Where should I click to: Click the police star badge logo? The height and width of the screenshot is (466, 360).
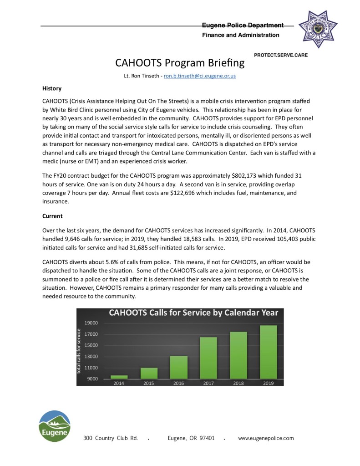point(318,28)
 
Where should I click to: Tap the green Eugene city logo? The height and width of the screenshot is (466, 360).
point(54,426)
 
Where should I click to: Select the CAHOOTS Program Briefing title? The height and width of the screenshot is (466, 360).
point(180,62)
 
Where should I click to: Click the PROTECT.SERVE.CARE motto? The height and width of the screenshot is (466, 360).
point(280,55)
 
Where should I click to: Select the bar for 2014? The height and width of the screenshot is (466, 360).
point(119,377)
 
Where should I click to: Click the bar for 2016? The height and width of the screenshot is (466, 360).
point(178,367)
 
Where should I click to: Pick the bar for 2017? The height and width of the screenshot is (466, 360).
point(208,358)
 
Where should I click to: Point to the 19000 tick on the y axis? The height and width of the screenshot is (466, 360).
point(91,323)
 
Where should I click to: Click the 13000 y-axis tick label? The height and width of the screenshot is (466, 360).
point(91,357)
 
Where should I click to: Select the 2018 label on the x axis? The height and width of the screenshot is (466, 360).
point(238,384)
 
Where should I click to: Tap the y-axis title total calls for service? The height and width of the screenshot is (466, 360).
point(79,352)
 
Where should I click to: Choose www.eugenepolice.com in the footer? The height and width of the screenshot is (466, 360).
point(266,438)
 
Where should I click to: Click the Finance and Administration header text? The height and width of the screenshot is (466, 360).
point(240,35)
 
